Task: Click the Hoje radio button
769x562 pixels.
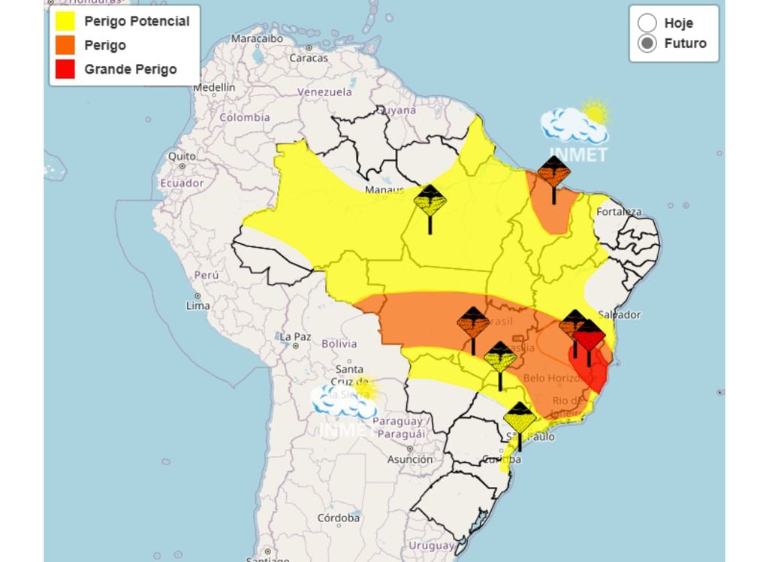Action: (x=647, y=23)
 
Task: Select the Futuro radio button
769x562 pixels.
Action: (x=647, y=44)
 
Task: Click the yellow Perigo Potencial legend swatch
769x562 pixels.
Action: (x=65, y=21)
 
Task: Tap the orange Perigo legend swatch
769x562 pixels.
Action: (x=65, y=45)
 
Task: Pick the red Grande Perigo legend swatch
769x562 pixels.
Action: (x=65, y=69)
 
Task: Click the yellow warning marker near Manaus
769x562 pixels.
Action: (x=430, y=201)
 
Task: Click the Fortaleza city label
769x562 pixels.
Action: (x=619, y=212)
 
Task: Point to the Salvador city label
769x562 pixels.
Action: (x=620, y=314)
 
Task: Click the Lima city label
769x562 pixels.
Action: (x=198, y=306)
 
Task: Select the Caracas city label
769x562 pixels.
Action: (x=309, y=57)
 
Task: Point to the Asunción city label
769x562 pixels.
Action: (x=409, y=459)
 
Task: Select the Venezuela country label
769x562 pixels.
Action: (x=324, y=92)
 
